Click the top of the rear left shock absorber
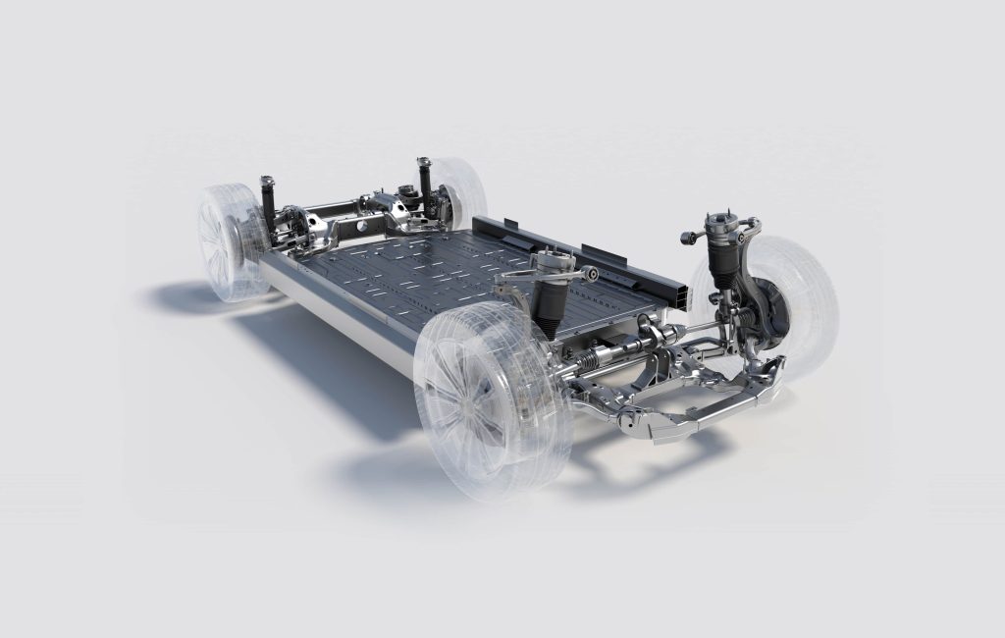click(x=266, y=184)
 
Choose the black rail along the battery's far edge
click(x=550, y=242)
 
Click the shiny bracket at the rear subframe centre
click(x=383, y=206)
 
